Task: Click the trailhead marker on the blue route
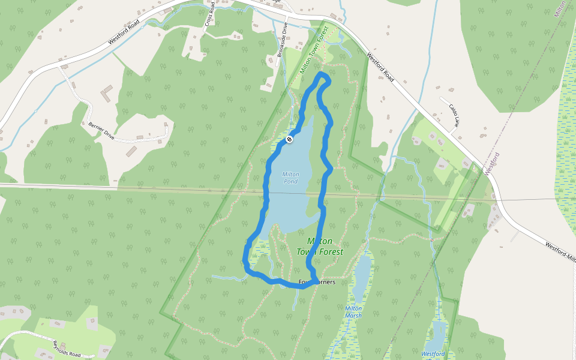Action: [x=289, y=139]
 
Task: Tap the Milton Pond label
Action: [x=290, y=178]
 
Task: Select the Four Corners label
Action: [x=316, y=282]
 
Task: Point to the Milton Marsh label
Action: [x=353, y=311]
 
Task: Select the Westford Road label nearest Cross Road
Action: [x=124, y=34]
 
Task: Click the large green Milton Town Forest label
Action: [x=320, y=246]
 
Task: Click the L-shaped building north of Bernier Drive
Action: [x=106, y=92]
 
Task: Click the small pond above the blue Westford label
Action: [x=439, y=333]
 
